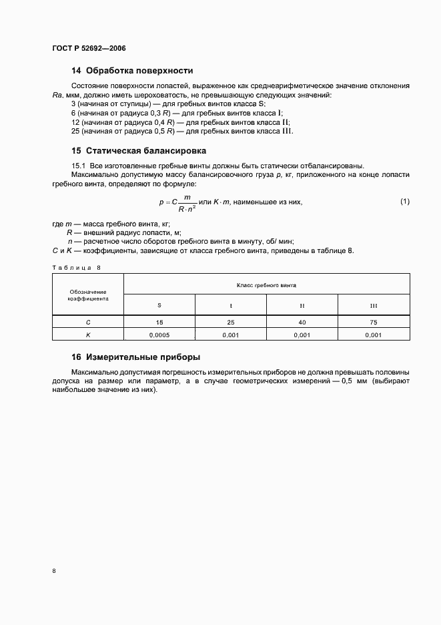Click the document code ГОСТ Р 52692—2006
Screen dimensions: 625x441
pyautogui.click(x=89, y=49)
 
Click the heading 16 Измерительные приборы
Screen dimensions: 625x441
pyautogui.click(x=136, y=357)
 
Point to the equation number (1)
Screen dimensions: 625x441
pyautogui.click(x=405, y=202)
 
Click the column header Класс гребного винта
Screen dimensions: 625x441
pyautogui.click(x=266, y=284)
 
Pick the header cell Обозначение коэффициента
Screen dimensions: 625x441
pyautogui.click(x=87, y=295)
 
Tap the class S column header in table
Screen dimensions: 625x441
pyautogui.click(x=159, y=305)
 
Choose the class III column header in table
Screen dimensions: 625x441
pyautogui.click(x=374, y=305)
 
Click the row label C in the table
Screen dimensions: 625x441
pyautogui.click(x=87, y=322)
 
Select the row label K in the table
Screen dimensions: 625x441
pyautogui.click(x=87, y=335)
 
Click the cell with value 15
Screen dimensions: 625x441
pyautogui.click(x=159, y=322)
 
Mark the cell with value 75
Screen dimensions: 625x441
pyautogui.click(x=374, y=322)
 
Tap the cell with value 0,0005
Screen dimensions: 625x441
pyautogui.click(x=159, y=335)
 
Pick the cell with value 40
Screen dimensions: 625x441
pyautogui.click(x=302, y=322)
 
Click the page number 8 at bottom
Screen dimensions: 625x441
pyautogui.click(x=54, y=571)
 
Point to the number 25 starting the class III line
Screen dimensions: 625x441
pyautogui.click(x=75, y=131)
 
